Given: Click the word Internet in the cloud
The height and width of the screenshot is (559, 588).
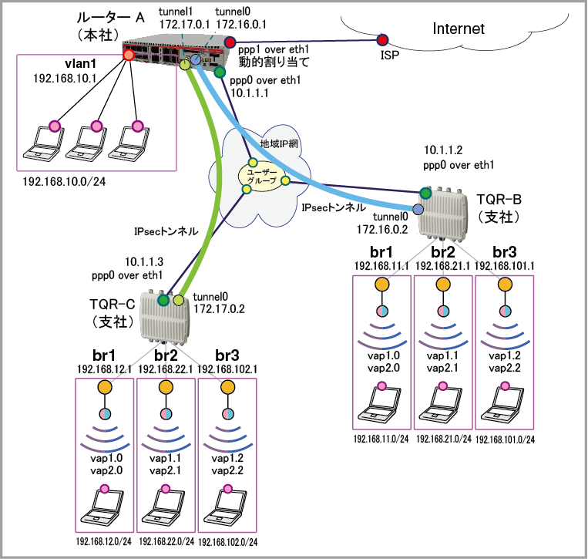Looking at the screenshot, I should (459, 29).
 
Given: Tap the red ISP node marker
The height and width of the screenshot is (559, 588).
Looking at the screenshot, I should (382, 39).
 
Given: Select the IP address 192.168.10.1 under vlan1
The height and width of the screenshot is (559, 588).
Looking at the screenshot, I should (59, 79).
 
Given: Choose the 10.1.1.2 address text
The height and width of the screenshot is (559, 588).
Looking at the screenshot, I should (445, 152).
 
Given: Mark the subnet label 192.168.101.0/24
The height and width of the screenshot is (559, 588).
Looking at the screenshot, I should (505, 439).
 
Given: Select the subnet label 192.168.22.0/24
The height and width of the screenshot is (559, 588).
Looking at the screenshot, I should (166, 542).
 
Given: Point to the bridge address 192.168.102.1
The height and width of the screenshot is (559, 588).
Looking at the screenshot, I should (227, 369).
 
